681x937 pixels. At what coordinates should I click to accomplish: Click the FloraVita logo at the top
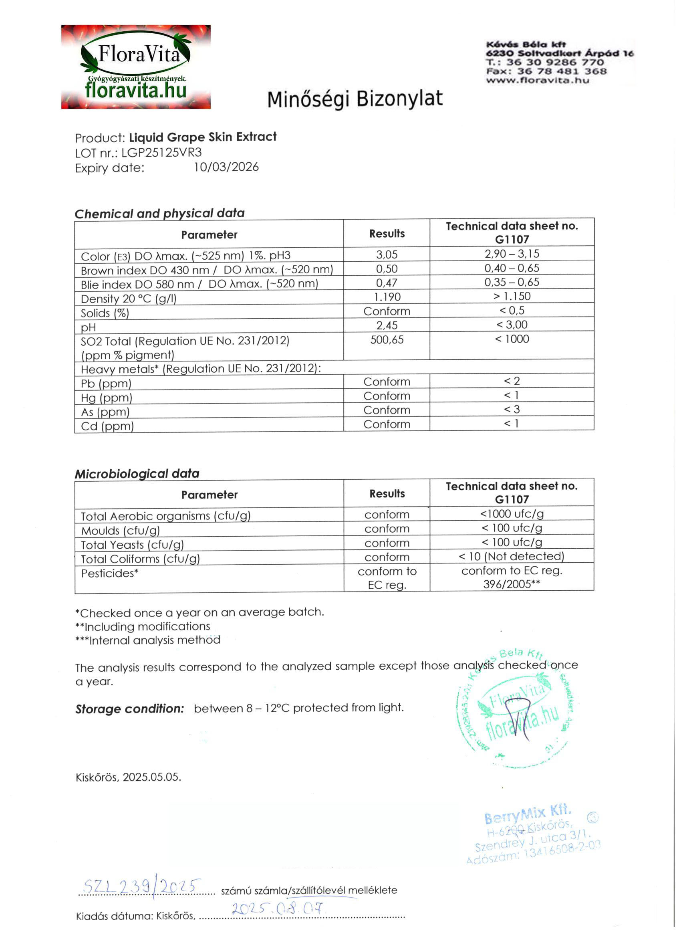[x=136, y=67]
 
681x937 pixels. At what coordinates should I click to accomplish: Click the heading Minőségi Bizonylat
[x=355, y=99]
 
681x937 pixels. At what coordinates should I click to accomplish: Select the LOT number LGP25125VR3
[x=161, y=153]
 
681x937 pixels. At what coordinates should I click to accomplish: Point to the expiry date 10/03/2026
[x=226, y=168]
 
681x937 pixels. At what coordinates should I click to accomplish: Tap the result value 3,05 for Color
[x=387, y=254]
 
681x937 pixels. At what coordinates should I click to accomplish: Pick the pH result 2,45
[x=387, y=325]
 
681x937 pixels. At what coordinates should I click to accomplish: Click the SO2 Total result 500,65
[x=387, y=340]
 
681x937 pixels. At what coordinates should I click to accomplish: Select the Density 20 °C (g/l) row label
[x=129, y=299]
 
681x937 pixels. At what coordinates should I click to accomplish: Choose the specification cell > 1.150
[x=512, y=296]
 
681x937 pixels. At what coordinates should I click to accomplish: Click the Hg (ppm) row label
[x=107, y=398]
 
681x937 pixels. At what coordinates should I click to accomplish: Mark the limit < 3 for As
[x=512, y=410]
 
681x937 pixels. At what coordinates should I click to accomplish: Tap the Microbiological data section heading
[x=137, y=473]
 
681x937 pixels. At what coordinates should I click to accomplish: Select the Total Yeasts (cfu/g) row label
[x=132, y=545]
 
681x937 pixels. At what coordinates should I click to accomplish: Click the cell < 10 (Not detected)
[x=512, y=557]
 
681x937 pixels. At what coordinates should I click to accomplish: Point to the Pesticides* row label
[x=109, y=574]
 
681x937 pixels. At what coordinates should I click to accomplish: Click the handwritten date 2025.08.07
[x=279, y=909]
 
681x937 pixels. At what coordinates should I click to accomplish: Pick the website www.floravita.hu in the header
[x=537, y=80]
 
